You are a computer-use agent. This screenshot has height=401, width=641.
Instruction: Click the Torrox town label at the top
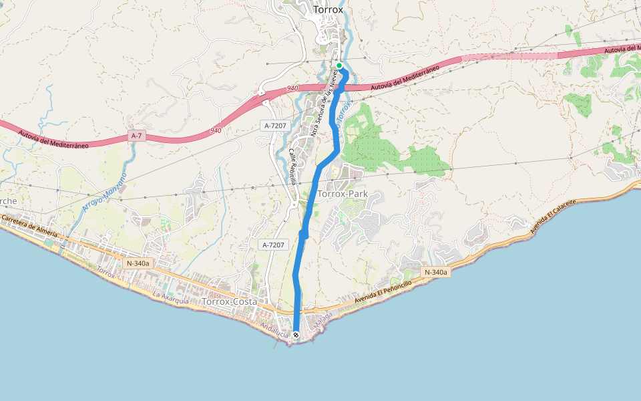[328, 10]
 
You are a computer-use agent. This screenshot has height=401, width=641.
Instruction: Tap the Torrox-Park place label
[343, 194]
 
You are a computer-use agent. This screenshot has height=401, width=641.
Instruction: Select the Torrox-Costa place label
[229, 302]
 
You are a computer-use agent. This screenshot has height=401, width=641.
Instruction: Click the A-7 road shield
[137, 136]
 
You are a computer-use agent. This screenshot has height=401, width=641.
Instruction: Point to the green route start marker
[339, 65]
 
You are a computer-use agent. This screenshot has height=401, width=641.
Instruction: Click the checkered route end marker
[296, 335]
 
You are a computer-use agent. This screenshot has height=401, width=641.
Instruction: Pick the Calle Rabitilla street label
[292, 166]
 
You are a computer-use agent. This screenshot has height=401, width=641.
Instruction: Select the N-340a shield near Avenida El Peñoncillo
[435, 272]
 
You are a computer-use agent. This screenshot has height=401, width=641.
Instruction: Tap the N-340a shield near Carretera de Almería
[138, 263]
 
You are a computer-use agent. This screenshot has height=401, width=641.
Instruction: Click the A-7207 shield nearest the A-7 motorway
[274, 125]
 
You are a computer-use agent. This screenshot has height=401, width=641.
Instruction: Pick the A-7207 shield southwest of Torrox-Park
[273, 245]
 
